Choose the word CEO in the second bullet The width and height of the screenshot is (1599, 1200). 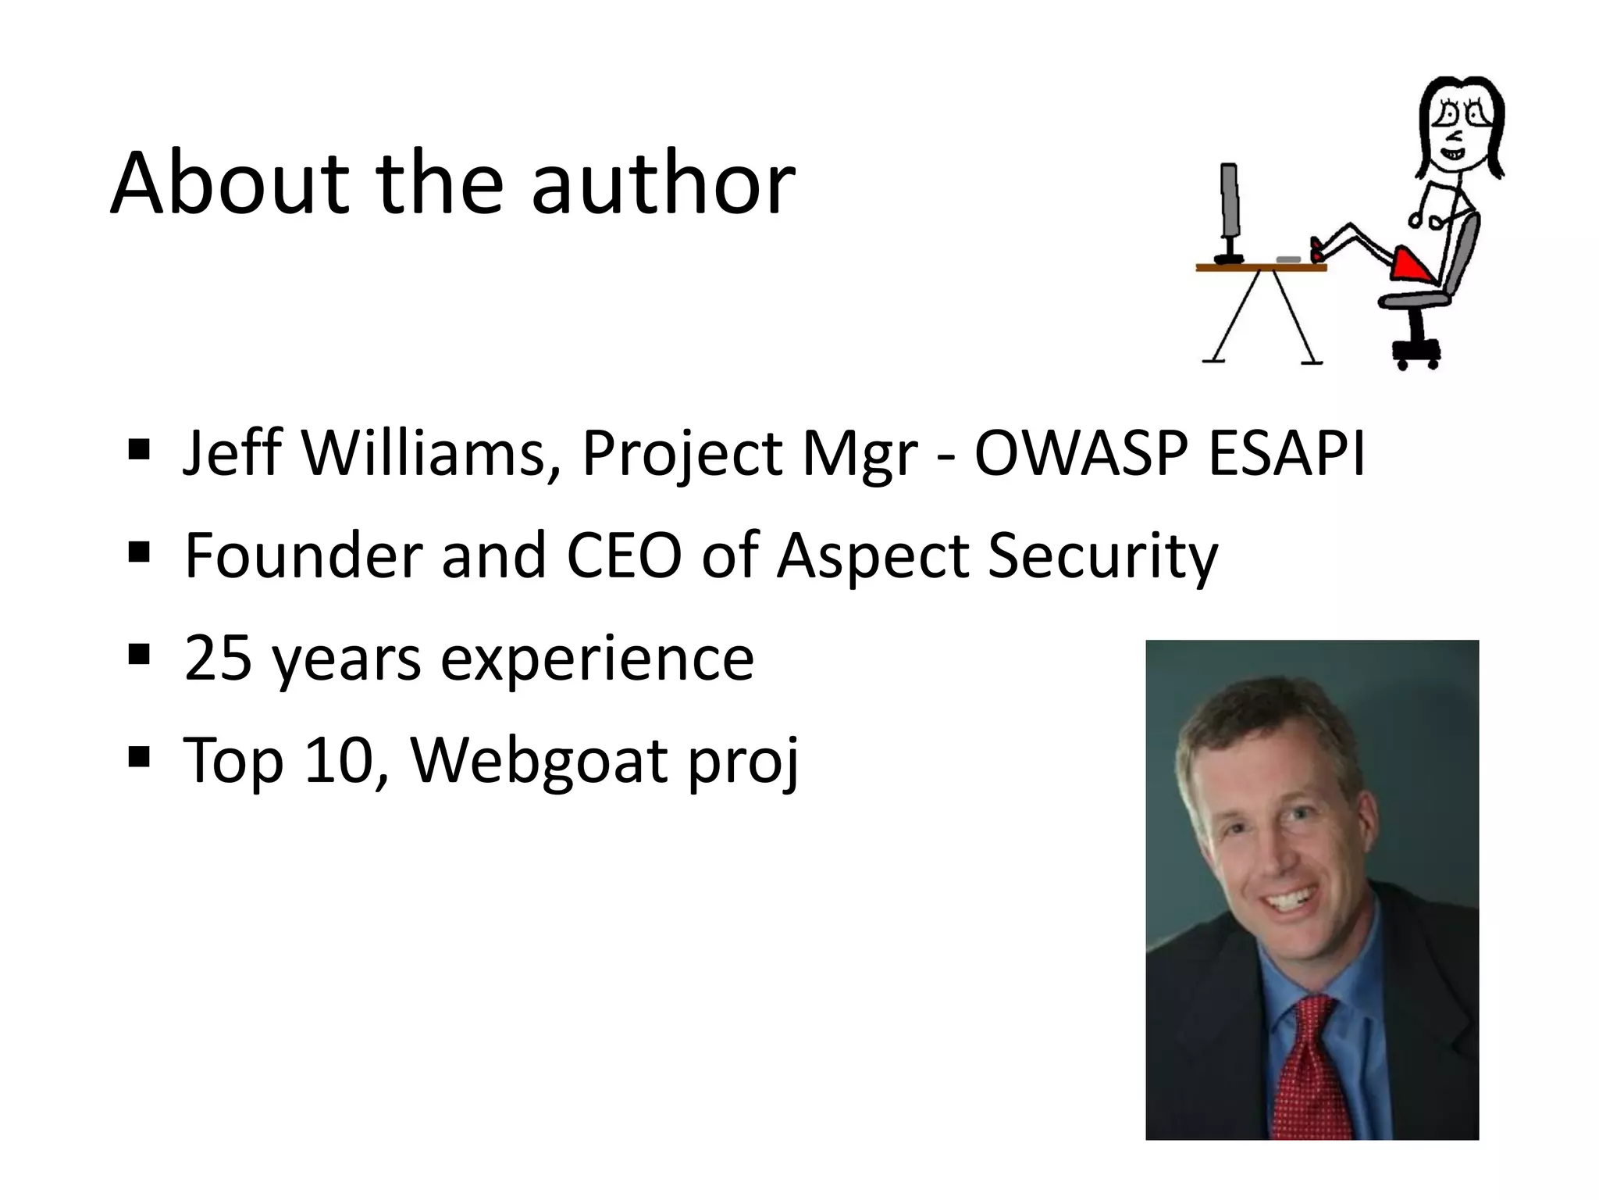[x=624, y=555]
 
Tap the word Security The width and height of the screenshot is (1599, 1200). [x=1102, y=557]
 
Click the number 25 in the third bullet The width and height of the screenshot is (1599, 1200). [x=218, y=658]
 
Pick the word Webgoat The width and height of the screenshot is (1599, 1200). [x=539, y=760]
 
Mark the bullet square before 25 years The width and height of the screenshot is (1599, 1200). [x=139, y=655]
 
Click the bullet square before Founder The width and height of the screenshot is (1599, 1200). [x=139, y=552]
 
